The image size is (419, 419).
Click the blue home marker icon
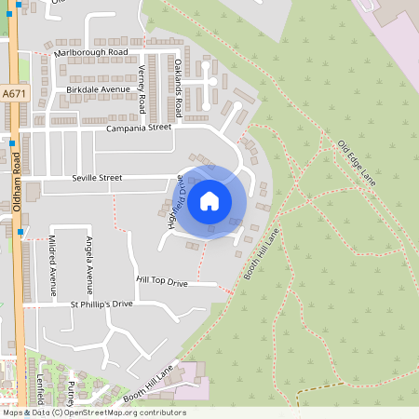tap(209, 200)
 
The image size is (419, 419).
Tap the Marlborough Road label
tap(89, 53)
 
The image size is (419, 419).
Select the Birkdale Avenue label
tap(98, 89)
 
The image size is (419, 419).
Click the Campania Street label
tap(139, 128)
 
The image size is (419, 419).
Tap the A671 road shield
tap(15, 94)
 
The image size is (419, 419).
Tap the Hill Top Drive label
tap(162, 280)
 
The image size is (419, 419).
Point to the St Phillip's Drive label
tap(101, 304)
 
